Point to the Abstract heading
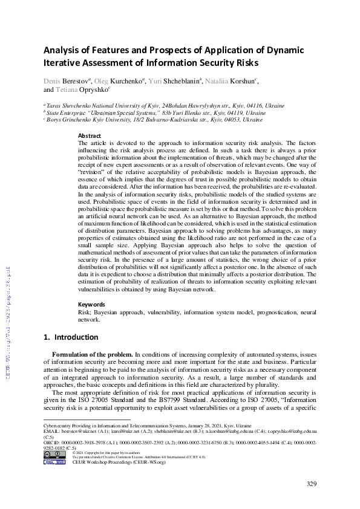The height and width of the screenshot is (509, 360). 90,136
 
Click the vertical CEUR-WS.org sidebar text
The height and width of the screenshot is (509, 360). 8,321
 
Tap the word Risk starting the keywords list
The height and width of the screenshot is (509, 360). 84,312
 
